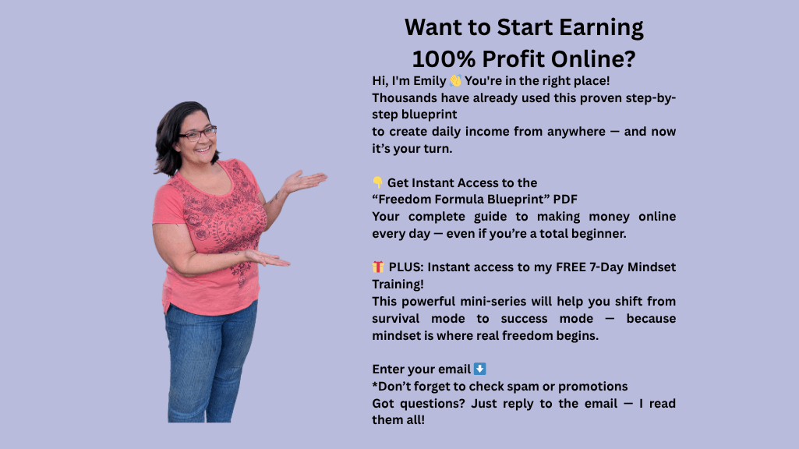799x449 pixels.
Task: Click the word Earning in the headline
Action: point(601,28)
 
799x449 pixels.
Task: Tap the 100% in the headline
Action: point(444,59)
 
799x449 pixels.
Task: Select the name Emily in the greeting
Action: point(430,81)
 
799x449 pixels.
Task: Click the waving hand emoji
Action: point(455,80)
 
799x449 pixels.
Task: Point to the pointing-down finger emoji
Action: point(377,182)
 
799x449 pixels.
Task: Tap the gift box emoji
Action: point(378,267)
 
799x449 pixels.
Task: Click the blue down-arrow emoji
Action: point(479,369)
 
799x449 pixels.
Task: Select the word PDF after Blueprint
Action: point(565,200)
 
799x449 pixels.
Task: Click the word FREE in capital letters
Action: point(571,267)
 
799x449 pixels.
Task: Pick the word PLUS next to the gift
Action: point(405,267)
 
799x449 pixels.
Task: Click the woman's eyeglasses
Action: point(198,134)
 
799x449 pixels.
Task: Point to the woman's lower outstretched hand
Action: point(267,258)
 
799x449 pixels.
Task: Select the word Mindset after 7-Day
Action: point(652,267)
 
